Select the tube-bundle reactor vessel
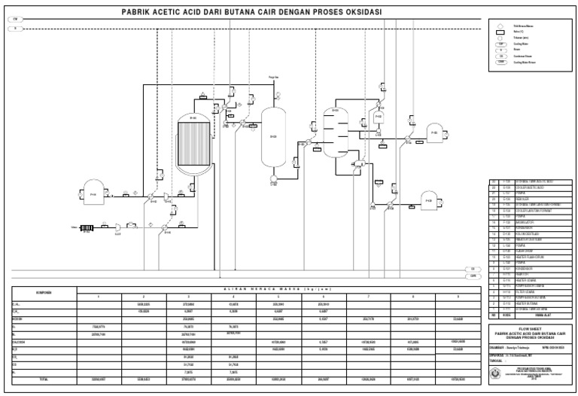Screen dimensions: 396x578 (193, 144)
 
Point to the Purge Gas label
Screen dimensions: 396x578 (273, 78)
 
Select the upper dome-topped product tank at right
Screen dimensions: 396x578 (434, 133)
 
